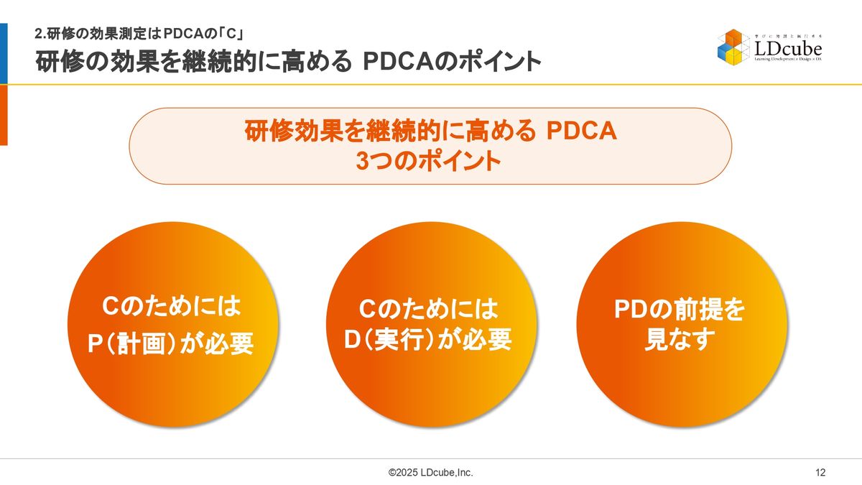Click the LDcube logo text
788,49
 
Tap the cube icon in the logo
734,47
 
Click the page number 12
820,472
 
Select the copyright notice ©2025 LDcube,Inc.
430,472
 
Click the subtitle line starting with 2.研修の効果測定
139,34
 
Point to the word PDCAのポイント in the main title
452,61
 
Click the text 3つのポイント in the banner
428,160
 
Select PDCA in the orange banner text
581,131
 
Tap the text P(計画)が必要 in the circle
171,343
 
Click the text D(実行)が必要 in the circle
428,339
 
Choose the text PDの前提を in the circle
680,309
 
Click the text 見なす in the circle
680,339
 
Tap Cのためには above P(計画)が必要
171,306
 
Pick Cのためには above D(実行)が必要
428,309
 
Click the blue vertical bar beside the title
4,53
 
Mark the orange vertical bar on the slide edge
4,115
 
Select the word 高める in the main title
316,61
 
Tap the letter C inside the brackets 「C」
231,34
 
